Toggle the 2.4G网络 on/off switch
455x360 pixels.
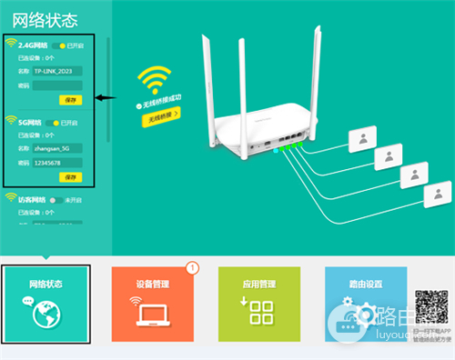(x=60, y=45)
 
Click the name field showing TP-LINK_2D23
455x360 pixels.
(x=57, y=70)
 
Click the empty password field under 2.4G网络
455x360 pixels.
(x=57, y=85)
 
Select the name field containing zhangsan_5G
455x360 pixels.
(x=57, y=146)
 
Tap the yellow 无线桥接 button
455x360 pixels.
(x=160, y=115)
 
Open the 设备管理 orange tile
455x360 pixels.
(x=153, y=305)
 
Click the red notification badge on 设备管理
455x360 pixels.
(x=192, y=267)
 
